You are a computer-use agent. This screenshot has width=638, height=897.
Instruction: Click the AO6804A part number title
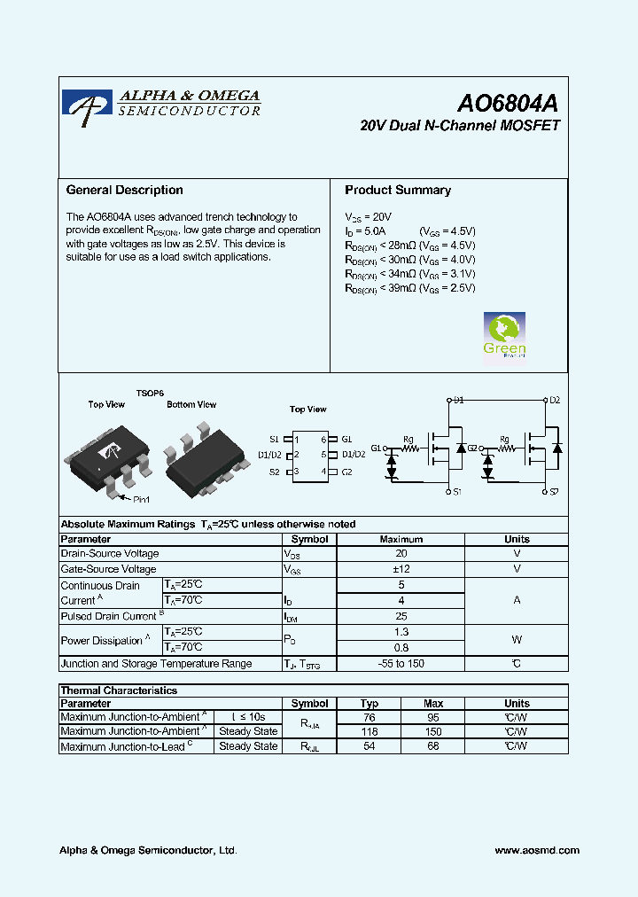pos(508,103)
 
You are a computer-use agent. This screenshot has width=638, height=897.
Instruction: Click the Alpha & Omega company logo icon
pos(87,103)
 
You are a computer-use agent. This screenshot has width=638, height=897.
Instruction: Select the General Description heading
pos(125,190)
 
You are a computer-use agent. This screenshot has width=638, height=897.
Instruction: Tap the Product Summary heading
pos(398,190)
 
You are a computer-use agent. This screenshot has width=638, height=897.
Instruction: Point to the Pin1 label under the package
pos(141,500)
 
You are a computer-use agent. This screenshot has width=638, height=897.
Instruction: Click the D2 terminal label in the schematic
pos(554,401)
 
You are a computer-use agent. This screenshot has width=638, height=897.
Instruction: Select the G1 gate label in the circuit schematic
pos(377,448)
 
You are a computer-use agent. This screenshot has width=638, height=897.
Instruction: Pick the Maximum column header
pos(401,539)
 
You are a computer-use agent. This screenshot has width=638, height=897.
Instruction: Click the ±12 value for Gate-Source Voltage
pos(401,569)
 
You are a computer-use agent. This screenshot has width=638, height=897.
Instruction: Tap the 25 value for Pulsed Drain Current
pos(401,616)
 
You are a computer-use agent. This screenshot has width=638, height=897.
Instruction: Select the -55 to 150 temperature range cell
pos(401,664)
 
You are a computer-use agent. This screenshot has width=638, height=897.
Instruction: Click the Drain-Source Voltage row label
pos(109,554)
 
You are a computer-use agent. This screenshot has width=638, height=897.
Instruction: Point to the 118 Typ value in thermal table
pos(370,731)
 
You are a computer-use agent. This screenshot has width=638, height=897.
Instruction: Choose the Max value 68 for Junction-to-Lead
pos(433,746)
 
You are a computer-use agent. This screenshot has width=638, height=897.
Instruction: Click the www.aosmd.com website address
pos(536,850)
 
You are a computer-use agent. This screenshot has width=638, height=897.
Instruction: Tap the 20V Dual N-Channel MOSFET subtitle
pos(460,126)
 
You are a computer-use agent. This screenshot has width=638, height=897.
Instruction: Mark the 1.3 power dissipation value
pos(401,632)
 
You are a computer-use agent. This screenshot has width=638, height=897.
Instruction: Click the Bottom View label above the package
pos(191,405)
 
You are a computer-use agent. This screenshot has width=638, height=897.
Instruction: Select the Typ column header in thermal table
pos(370,704)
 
